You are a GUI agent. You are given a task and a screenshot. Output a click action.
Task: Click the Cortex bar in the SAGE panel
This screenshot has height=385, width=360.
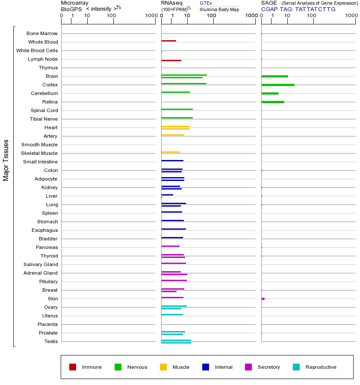pos(277,85)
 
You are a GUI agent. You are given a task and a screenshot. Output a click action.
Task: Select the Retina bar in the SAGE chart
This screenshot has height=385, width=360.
pos(272,102)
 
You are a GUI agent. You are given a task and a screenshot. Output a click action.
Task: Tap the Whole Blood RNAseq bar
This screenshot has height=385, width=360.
pos(168,41)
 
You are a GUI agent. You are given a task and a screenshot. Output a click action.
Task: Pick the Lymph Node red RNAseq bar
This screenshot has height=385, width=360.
pos(171,60)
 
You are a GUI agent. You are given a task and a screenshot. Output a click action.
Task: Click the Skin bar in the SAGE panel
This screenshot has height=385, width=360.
pos(263,299)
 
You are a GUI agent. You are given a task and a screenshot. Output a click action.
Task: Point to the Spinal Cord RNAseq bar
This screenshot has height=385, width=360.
pos(177,109)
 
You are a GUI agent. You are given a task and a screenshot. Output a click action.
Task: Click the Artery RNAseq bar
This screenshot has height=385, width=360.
pos(173,135)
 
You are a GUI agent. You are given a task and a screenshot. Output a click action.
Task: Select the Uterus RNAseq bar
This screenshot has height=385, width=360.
pos(172,314)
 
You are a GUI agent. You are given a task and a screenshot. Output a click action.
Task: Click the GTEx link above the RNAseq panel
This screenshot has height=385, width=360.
pos(206,3)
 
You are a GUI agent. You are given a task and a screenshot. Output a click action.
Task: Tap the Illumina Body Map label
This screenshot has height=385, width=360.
pos(219,9)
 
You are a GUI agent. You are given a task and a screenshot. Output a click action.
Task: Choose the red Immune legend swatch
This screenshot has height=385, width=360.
pos(73,367)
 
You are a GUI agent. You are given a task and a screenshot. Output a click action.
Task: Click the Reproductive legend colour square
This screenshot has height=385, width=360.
pos(296,367)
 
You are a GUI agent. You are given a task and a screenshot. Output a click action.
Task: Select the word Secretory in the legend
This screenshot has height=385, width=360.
pos(269,367)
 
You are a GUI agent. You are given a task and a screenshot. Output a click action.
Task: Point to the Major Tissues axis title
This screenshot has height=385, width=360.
pos(6,160)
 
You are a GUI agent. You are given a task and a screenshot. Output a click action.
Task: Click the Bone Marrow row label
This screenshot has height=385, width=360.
pos(42,33)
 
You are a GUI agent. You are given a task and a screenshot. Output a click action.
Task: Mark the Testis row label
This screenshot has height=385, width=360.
pos(51,341)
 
